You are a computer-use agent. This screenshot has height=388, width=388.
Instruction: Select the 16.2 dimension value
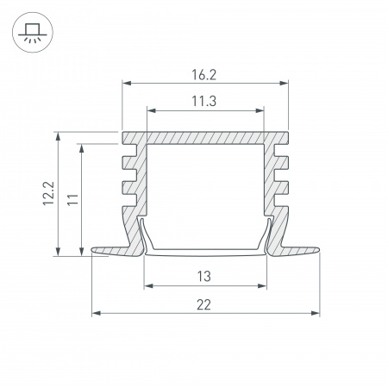tap(205, 74)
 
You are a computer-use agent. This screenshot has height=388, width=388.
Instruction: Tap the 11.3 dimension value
tap(205, 101)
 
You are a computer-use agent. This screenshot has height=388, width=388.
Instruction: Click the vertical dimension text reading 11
tap(73, 199)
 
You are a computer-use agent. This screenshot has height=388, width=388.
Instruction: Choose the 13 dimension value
tap(205, 277)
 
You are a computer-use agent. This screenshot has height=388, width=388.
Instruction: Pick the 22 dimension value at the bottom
tap(205, 304)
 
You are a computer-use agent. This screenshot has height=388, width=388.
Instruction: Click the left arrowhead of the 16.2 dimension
tap(127, 84)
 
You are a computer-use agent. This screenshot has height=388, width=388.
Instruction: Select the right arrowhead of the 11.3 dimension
tap(260, 110)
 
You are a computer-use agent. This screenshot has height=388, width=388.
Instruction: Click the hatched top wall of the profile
tap(205, 138)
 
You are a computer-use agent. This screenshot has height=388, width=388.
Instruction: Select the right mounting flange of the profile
tap(297, 251)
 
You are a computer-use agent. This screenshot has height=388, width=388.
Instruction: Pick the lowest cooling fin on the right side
tap(279, 206)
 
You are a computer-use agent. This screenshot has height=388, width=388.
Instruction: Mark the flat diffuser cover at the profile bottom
tap(205, 252)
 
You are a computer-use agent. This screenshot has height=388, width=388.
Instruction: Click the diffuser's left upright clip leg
tap(144, 235)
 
